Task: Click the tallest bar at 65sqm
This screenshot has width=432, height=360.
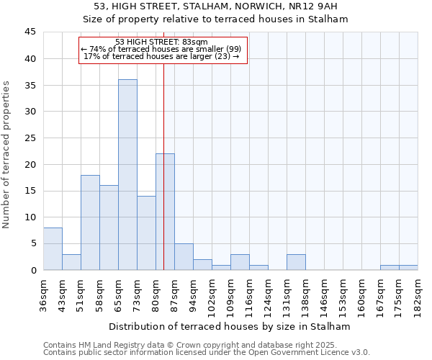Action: pyautogui.click(x=127, y=175)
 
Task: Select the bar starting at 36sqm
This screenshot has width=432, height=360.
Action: pyautogui.click(x=53, y=249)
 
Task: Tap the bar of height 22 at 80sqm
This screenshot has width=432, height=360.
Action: pyautogui.click(x=165, y=212)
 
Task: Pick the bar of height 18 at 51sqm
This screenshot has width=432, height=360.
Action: pyautogui.click(x=90, y=222)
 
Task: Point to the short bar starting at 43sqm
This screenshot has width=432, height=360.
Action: pyautogui.click(x=71, y=262)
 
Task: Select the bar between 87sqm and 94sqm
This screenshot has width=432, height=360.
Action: pyautogui.click(x=184, y=257)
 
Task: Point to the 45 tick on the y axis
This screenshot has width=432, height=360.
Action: pyautogui.click(x=30, y=32)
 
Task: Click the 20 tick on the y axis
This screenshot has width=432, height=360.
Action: pyautogui.click(x=30, y=164)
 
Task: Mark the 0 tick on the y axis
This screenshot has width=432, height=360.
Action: pyautogui.click(x=33, y=270)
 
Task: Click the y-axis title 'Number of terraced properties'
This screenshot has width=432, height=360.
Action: pyautogui.click(x=7, y=155)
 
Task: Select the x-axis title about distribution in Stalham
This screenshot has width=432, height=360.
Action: pyautogui.click(x=225, y=326)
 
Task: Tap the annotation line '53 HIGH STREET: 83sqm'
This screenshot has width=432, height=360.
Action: pyautogui.click(x=161, y=42)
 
